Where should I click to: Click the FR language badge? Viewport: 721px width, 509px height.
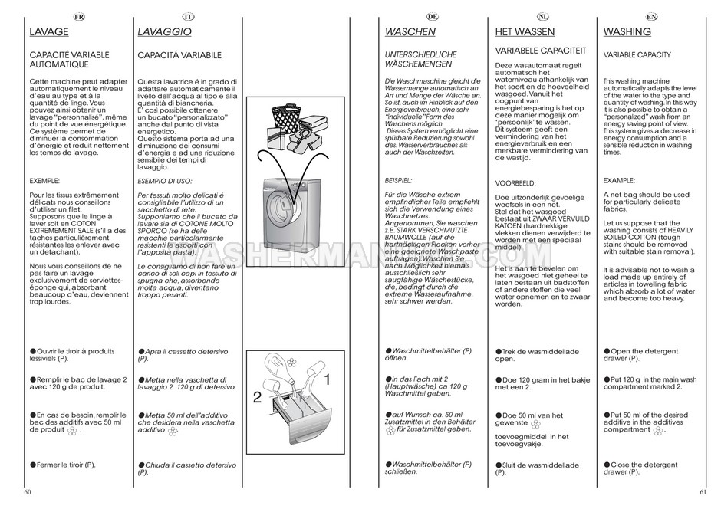79,16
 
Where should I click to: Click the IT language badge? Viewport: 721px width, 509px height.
188,16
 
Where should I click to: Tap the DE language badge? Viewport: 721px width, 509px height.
432,16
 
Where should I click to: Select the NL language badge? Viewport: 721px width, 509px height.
542,16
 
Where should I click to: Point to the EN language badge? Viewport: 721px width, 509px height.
650,16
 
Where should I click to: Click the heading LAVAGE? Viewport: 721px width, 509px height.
48,32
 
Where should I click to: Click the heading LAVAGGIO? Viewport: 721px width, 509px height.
164,32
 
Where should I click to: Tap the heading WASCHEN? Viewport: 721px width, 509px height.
410,32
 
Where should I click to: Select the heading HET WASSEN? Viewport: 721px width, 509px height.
525,32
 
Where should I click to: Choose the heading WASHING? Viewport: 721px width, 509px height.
627,32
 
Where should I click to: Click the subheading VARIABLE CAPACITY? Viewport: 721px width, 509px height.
637,55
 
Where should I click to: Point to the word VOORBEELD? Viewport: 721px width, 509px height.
515,183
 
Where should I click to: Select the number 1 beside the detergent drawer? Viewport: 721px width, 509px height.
326,379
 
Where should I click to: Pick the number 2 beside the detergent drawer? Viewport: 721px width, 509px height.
257,397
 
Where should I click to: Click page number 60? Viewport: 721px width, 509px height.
28,491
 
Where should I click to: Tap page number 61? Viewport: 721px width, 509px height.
701,491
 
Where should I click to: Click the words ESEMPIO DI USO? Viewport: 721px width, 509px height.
166,182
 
